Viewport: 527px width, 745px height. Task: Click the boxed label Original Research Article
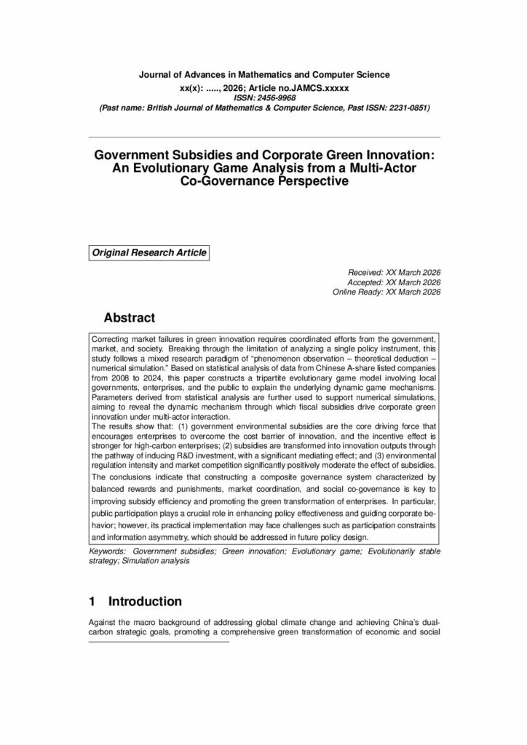149,253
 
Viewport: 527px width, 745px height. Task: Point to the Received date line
395,272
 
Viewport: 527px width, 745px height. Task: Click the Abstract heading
130,318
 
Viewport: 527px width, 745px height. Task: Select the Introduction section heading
145,602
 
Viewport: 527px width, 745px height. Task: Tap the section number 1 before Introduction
92,602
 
